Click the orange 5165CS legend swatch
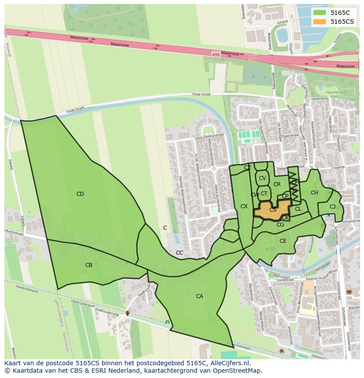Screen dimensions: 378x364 (x=320, y=22)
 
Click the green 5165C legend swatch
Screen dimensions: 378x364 (x=320, y=13)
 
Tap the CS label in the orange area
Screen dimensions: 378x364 (x=273, y=210)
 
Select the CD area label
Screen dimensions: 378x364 (x=80, y=194)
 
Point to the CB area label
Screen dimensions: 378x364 (x=89, y=265)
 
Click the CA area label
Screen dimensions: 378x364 (x=200, y=296)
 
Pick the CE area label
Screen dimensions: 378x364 (x=283, y=241)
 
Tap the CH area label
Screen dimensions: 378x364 (x=314, y=193)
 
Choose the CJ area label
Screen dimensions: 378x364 (x=332, y=207)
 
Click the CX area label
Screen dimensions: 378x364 (x=244, y=206)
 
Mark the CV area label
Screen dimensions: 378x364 (x=262, y=178)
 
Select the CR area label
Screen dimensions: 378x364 (x=277, y=184)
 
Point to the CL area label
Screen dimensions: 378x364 (x=298, y=209)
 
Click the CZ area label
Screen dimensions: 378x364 (x=248, y=168)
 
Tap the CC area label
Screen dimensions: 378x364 (x=179, y=253)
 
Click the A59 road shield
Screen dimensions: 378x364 (x=215, y=54)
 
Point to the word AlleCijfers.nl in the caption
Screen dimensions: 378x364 (x=229, y=363)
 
